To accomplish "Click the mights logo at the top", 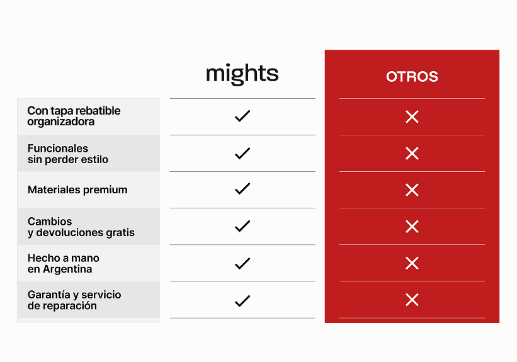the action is [242, 74].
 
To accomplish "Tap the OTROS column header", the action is [412, 76].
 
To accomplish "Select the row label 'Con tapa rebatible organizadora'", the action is [74, 116].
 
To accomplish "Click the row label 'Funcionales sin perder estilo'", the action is [68, 154].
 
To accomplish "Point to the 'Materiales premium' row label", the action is [77, 190].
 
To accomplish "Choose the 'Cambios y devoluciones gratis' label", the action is [81, 227].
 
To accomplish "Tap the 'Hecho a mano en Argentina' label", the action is [64, 263].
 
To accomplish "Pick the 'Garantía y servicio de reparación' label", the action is [74, 300].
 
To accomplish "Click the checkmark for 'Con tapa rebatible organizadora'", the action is [242, 116].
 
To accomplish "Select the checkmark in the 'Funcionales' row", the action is [242, 154].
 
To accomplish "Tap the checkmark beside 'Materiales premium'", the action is [242, 189].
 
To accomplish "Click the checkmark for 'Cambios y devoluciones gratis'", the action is [242, 226].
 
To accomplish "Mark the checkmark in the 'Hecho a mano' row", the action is [242, 263].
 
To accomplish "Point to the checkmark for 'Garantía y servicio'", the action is [242, 301].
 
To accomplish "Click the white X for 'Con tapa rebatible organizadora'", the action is [412, 116].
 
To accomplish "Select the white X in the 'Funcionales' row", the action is [412, 154].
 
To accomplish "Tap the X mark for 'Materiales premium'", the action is [412, 190].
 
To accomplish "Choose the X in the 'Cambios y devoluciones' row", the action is [412, 227].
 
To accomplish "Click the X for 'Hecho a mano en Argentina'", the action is [412, 263].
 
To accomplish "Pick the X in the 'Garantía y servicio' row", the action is [412, 300].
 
